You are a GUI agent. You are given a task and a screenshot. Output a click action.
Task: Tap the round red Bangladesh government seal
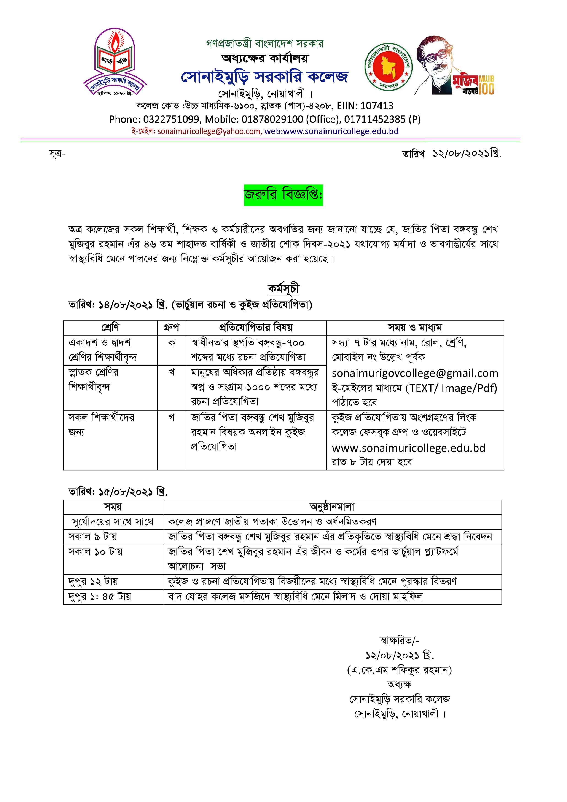(x=388, y=67)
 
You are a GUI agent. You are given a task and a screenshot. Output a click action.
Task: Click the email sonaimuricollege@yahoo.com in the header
(x=209, y=131)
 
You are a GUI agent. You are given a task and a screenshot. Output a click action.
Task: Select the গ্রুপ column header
(x=172, y=328)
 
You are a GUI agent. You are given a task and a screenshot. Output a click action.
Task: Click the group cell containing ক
(x=172, y=343)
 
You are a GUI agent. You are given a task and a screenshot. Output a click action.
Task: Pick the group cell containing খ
(x=172, y=372)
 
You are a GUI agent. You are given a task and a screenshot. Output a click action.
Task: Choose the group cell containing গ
(x=172, y=417)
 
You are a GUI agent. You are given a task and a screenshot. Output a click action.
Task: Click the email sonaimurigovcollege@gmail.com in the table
(x=415, y=373)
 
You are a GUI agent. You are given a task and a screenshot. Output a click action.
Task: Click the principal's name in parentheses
(x=399, y=670)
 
